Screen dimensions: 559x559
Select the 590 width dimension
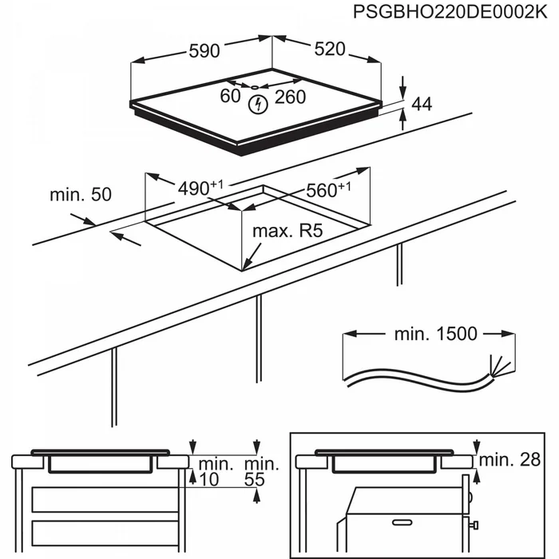(204, 51)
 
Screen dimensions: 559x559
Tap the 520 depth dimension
(329, 50)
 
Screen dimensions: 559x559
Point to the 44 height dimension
(422, 104)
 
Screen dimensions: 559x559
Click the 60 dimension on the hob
(230, 97)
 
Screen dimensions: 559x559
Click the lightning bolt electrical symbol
(258, 104)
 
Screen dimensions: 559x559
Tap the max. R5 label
(287, 232)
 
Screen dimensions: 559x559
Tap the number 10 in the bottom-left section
(208, 479)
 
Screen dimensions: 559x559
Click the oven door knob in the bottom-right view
(474, 525)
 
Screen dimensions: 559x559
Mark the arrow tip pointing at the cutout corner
(244, 268)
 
